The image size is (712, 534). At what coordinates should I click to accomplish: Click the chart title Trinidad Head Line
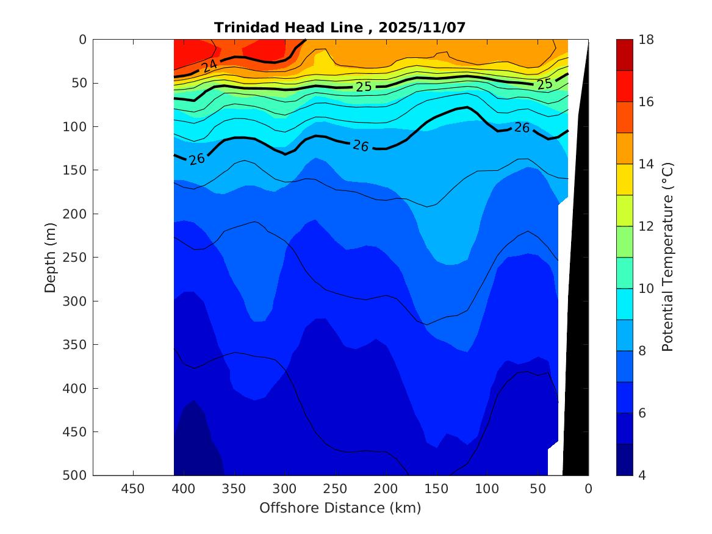click(340, 27)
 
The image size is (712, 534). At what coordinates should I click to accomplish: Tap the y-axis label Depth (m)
click(51, 257)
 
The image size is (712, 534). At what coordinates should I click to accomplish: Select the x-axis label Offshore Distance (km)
click(340, 508)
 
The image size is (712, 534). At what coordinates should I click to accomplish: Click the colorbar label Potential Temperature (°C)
click(667, 257)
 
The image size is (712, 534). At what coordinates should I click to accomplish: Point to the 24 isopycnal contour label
click(210, 65)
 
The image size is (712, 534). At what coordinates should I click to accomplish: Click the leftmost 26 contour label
click(196, 159)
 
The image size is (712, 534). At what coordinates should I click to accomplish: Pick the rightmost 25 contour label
click(544, 84)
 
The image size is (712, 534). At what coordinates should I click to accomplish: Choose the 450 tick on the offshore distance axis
click(133, 488)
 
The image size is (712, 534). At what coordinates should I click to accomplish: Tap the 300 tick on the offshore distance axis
click(284, 488)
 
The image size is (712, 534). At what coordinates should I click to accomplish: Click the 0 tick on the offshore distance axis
click(588, 488)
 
